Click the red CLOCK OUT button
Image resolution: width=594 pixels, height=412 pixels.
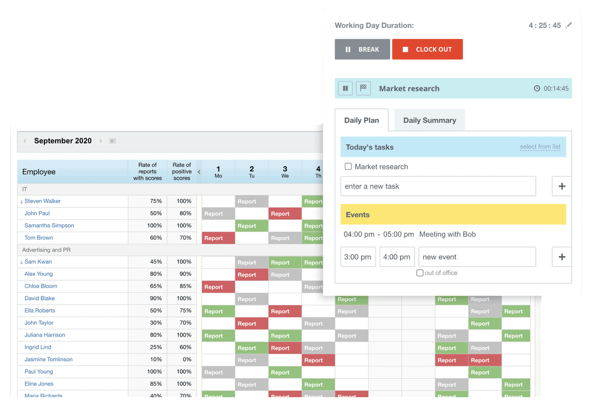[x=427, y=49]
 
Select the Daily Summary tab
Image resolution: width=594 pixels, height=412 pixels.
[x=429, y=120]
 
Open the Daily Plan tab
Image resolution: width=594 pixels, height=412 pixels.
[x=362, y=120]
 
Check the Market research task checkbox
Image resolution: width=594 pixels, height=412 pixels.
[x=348, y=166]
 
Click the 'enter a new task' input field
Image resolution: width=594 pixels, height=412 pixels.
[x=438, y=186]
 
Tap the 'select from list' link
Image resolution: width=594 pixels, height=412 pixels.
[x=540, y=147]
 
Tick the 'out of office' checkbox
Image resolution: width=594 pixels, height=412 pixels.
[x=420, y=273]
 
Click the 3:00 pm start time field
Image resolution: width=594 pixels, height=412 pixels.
[x=358, y=257]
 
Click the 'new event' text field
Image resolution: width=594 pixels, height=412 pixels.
[x=477, y=257]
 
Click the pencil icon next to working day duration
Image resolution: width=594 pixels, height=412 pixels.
[x=569, y=25]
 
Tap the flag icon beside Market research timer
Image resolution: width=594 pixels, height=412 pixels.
[x=363, y=88]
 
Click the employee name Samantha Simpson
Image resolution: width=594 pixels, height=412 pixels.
[x=49, y=225]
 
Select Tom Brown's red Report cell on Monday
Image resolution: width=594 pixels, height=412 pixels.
[x=218, y=238]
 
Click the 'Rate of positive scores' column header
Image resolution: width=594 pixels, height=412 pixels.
[x=182, y=171]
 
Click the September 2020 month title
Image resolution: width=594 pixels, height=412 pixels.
[x=63, y=141]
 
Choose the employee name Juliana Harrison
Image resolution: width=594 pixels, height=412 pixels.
[x=45, y=335]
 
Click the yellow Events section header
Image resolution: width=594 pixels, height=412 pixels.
[x=453, y=215]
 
